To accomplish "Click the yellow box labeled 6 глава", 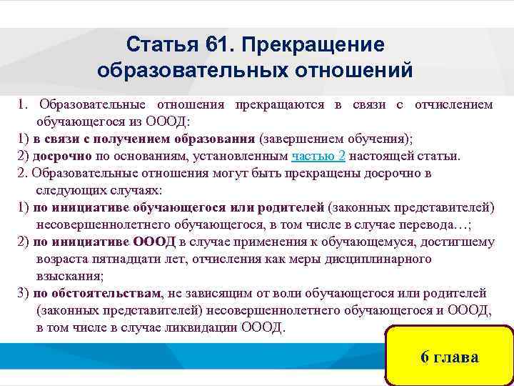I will click(x=449, y=357).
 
